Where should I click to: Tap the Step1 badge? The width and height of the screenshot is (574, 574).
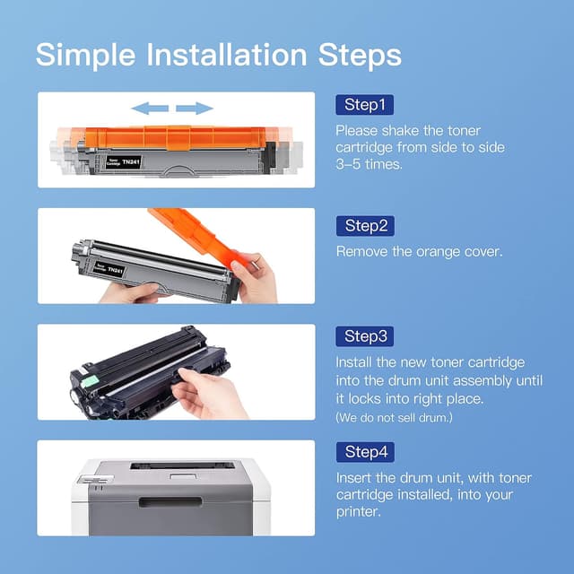[364, 106]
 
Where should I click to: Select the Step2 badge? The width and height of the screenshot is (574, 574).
[364, 225]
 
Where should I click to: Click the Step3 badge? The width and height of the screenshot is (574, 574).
[364, 336]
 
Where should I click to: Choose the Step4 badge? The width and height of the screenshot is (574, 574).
[364, 452]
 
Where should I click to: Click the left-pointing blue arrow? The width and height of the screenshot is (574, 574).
[150, 109]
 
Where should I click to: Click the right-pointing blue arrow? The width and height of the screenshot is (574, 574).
[195, 109]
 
